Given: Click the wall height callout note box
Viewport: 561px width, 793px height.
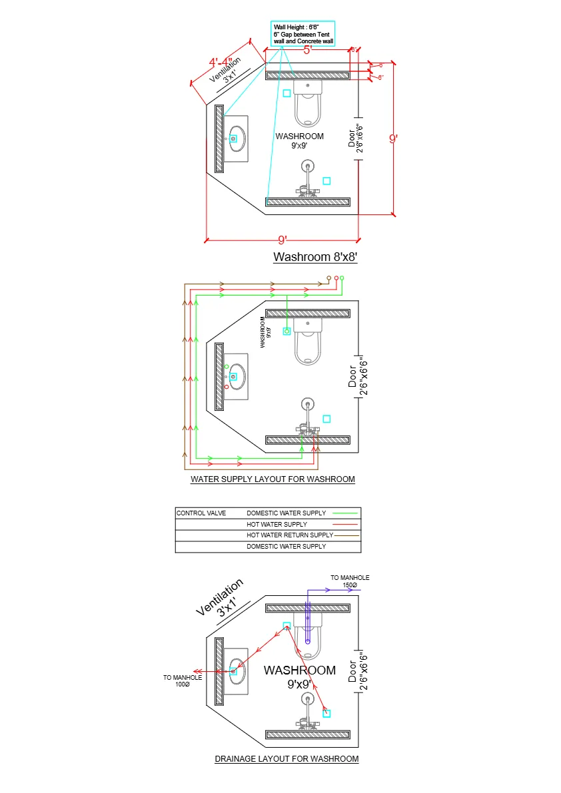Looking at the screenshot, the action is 303,34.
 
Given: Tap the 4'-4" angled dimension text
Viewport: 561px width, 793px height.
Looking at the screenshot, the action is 221,63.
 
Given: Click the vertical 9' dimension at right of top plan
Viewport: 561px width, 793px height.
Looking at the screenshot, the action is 394,139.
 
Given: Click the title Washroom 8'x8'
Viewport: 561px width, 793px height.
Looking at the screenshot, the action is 315,257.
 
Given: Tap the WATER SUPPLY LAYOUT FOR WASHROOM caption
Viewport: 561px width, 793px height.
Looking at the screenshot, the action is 273,479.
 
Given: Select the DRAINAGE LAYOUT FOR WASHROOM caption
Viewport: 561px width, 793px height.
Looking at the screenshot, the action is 286,759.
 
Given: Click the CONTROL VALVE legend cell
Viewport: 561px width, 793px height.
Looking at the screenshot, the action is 201,513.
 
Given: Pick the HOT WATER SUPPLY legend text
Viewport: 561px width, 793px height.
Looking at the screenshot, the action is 277,525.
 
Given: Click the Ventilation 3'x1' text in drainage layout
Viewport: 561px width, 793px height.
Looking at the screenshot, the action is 222,598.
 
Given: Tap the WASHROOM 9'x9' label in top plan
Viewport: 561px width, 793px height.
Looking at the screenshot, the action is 299,140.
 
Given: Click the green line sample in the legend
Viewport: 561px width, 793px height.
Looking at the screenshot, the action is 345,513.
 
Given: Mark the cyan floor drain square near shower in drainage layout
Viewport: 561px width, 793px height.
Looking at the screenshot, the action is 326,713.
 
